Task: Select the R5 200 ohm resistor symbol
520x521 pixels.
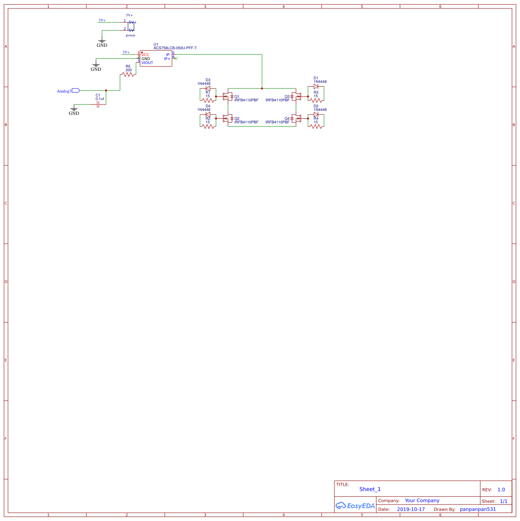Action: [128, 74]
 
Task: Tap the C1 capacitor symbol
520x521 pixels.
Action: [98, 105]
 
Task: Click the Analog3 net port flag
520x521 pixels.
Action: [76, 91]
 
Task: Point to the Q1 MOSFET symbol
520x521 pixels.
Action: [228, 96]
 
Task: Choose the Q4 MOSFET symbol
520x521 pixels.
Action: [296, 118]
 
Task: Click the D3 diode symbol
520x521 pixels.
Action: [208, 88]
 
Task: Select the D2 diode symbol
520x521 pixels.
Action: [316, 114]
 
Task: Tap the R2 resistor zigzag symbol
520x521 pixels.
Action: [208, 126]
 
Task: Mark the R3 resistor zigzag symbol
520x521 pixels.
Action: [316, 100]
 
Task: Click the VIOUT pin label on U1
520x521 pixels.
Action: [147, 63]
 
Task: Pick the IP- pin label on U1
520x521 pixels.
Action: [168, 55]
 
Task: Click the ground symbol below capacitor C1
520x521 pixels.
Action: [74, 109]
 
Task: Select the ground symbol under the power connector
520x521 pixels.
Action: [102, 41]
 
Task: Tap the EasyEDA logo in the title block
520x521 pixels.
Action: [355, 506]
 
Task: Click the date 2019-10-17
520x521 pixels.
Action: [411, 509]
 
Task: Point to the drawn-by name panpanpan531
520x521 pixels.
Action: [478, 509]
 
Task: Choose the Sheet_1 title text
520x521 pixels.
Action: [370, 489]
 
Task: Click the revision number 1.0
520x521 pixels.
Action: [501, 490]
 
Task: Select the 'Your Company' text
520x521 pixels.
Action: [422, 501]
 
